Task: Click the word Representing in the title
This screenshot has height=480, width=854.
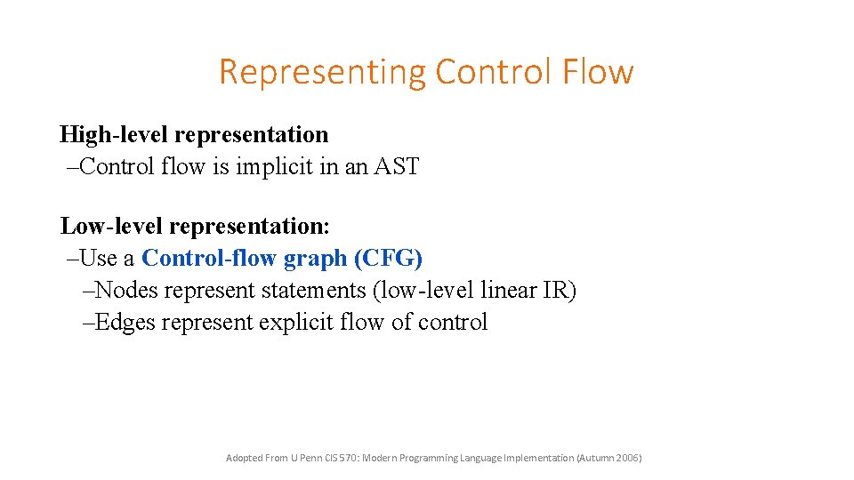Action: point(322,72)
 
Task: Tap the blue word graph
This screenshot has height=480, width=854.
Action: point(315,259)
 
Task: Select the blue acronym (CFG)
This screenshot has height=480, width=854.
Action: point(388,259)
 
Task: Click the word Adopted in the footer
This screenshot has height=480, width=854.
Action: point(244,458)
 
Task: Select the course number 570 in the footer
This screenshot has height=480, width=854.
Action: point(346,458)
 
